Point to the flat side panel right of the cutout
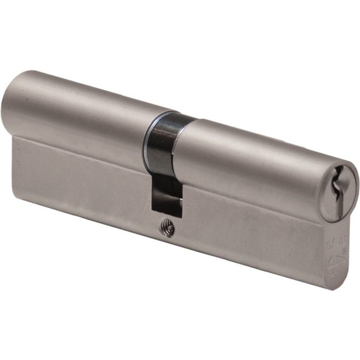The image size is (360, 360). click(247, 226)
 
